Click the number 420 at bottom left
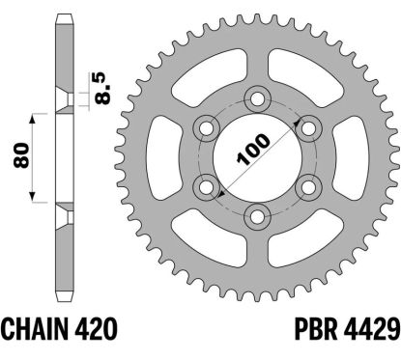point(95,328)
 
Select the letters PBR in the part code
point(316,328)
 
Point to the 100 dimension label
point(253,149)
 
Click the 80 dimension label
point(21,155)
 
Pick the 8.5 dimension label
point(104,88)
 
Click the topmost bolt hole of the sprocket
point(257,99)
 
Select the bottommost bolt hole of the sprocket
point(257,216)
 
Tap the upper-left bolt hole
point(206,128)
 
